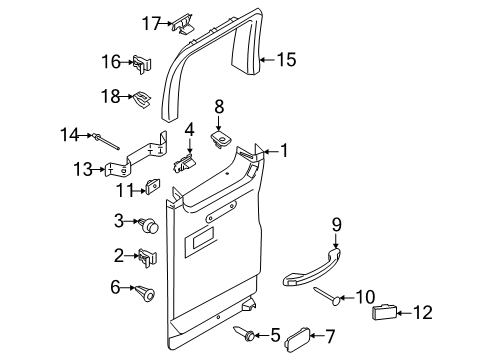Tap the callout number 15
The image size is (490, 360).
(285, 60)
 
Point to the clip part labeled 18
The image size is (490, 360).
(143, 97)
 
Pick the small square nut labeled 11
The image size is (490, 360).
(155, 186)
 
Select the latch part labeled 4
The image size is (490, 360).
(185, 160)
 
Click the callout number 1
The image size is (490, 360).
(283, 152)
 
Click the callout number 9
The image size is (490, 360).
(336, 252)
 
